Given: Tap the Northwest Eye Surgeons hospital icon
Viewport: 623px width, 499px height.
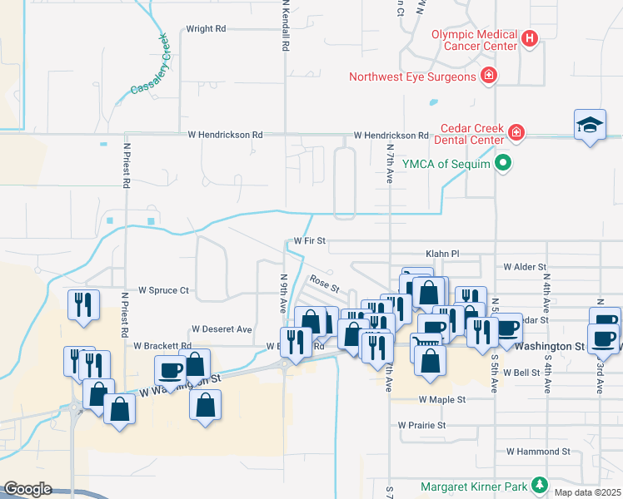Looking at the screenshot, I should tap(489, 77).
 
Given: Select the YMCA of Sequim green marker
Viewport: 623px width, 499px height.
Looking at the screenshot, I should tap(502, 162).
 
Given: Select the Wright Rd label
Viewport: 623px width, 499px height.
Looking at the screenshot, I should tap(206, 28).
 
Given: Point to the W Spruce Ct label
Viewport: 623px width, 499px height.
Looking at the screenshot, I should tap(164, 290).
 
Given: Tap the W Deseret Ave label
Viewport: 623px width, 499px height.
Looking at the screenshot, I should tap(222, 329).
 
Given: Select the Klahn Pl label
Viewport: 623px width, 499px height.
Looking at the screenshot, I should tap(442, 253).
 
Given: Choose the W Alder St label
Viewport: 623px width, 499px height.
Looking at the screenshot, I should tap(523, 267).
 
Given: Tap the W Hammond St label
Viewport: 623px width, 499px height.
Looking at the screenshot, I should tap(538, 452).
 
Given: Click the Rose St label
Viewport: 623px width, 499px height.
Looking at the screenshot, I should tap(324, 284).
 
